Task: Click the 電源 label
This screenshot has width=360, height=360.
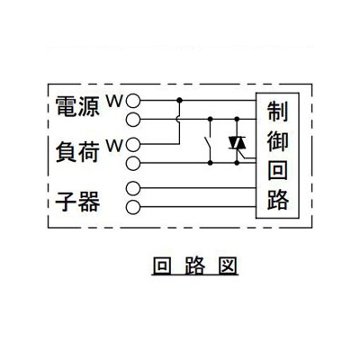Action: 77,106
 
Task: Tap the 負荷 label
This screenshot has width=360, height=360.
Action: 77,152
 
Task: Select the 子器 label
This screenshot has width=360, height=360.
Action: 77,201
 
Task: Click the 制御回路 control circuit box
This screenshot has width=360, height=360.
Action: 277,156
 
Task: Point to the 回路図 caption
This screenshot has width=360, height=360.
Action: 195,265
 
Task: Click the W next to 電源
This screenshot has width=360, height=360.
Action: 115,102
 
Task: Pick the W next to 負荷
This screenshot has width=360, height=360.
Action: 115,146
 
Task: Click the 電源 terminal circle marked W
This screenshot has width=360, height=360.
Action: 133,101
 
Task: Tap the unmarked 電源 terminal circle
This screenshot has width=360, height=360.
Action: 133,120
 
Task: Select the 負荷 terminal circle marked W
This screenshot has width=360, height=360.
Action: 133,145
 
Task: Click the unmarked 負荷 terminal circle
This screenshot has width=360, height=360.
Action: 133,163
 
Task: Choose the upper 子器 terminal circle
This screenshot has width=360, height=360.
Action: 133,188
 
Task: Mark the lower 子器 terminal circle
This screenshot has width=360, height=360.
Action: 133,207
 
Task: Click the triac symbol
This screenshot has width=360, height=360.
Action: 237,143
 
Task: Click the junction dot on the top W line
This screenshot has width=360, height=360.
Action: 179,100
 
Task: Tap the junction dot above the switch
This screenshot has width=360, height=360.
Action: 211,119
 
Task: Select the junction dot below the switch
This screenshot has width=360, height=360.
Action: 211,163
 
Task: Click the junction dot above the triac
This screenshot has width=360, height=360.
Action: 237,119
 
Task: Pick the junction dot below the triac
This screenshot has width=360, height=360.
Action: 237,163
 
